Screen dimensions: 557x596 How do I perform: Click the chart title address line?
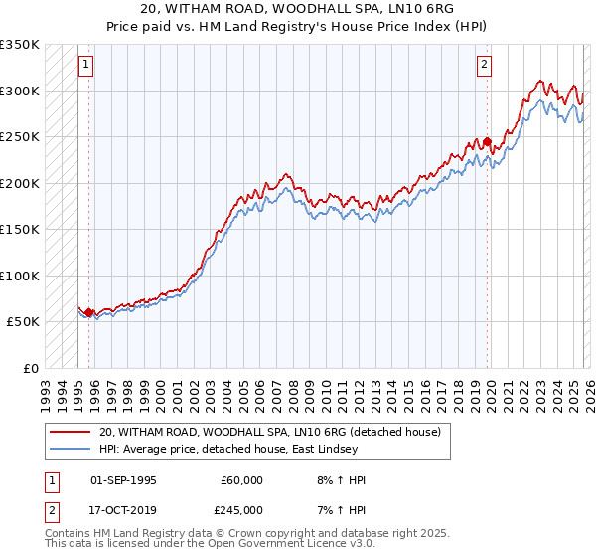(x=297, y=10)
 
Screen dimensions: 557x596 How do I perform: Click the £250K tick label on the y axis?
(x=20, y=136)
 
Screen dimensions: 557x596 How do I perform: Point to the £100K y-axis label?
(x=20, y=276)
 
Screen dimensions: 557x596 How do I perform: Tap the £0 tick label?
(x=30, y=368)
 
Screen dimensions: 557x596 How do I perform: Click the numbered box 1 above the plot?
(x=86, y=66)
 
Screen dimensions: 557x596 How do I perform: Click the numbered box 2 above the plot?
(x=484, y=66)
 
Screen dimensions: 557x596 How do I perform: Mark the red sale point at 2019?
(x=487, y=142)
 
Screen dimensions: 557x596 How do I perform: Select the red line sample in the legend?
(x=70, y=432)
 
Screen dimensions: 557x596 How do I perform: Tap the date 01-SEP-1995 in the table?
(x=123, y=480)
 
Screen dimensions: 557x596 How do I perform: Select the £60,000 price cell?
(x=241, y=480)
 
